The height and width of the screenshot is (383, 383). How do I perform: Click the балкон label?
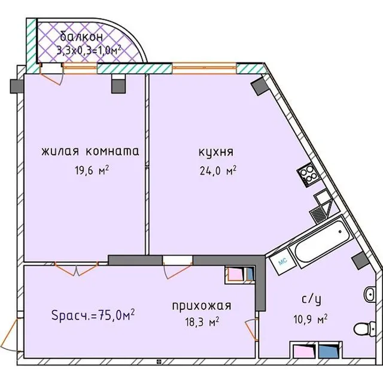(x=81, y=37)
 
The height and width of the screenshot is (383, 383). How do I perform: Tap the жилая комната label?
(x=90, y=151)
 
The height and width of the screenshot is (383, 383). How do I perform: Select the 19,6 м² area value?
(x=92, y=170)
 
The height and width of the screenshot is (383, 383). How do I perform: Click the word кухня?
(x=216, y=153)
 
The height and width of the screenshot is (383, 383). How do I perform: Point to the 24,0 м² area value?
(x=218, y=171)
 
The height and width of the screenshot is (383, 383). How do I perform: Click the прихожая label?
(x=202, y=306)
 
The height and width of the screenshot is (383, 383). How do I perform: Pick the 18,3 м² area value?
(x=202, y=322)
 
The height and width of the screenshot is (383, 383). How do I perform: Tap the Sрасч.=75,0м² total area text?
(x=93, y=315)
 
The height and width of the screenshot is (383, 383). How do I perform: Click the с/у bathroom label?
(x=311, y=299)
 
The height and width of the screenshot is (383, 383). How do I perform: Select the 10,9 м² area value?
(x=311, y=319)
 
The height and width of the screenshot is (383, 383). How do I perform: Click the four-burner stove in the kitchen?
(x=308, y=175)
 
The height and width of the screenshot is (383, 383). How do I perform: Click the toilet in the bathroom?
(x=364, y=329)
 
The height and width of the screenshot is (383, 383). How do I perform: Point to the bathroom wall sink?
(x=369, y=294)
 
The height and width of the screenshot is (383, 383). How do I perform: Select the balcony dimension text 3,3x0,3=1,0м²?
(x=89, y=50)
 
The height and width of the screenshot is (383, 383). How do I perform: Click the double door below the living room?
(x=76, y=269)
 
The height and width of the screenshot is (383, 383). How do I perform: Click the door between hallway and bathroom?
(x=251, y=330)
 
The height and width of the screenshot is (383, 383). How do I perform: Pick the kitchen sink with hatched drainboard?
(x=321, y=208)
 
